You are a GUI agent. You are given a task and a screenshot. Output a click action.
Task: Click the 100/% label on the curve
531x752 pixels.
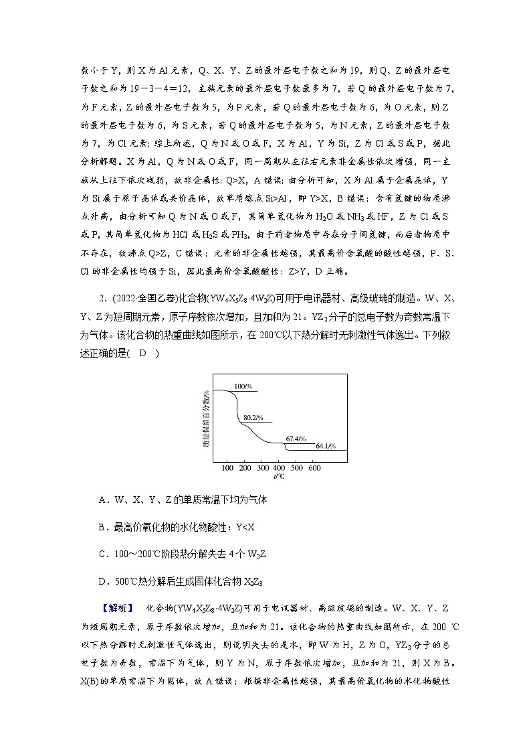(x=243, y=386)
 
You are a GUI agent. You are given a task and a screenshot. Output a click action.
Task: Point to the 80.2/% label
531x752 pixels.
(x=253, y=417)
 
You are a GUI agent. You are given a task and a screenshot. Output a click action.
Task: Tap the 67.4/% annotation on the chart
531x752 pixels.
(x=296, y=439)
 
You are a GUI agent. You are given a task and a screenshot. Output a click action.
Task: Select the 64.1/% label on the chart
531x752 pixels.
(x=326, y=445)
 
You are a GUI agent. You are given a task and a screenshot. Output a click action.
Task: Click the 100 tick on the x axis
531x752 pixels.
(x=227, y=467)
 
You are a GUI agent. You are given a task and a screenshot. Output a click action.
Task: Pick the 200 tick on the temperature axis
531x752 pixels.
(x=245, y=467)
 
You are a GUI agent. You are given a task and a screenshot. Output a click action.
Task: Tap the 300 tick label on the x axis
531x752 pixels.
(x=262, y=467)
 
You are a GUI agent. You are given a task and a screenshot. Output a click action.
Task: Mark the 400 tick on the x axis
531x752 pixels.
(x=280, y=467)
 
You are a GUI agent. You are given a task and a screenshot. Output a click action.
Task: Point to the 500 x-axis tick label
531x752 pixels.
(x=297, y=467)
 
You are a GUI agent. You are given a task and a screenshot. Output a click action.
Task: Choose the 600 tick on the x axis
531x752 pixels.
(x=314, y=467)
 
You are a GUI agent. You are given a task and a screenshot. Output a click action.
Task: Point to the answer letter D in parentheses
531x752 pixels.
(x=142, y=354)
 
